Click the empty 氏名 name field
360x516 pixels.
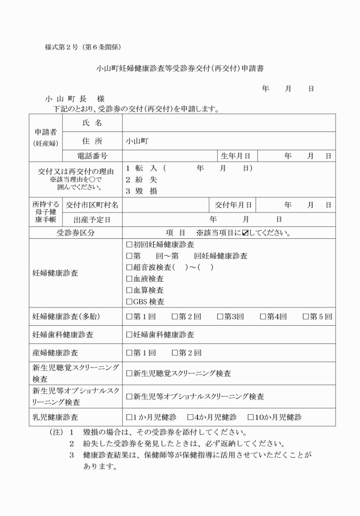pos(229,123)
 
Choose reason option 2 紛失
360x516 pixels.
pos(137,179)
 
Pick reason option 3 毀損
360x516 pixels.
pos(137,191)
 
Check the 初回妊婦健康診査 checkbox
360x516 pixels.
pos(129,245)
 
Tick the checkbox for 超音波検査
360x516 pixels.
pos(129,267)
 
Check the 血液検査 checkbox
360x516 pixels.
pos(129,279)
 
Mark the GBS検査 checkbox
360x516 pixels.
pos(129,302)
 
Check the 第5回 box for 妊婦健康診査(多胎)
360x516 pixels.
pos(306,317)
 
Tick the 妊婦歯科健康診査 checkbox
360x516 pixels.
pos(129,335)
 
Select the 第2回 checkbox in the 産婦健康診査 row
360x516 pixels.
pos(175,353)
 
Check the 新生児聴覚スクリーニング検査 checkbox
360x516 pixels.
pos(129,374)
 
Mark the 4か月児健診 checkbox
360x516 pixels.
pos(190,417)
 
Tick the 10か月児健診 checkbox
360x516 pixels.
pos(250,417)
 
